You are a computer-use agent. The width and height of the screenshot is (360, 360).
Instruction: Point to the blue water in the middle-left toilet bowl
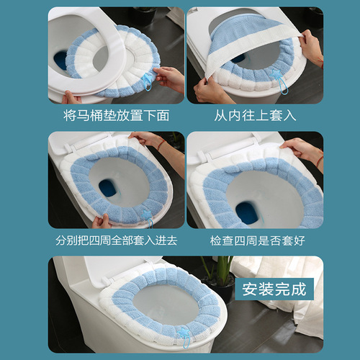point(108,187)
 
